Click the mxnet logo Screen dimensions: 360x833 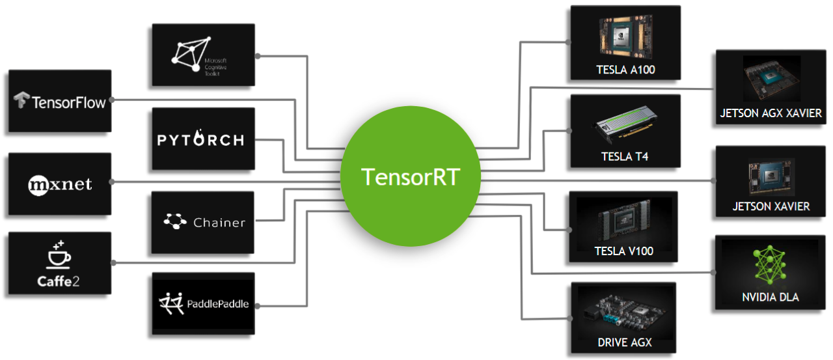tap(60, 184)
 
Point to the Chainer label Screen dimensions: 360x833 tap(219, 223)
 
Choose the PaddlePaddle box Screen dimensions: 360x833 tap(202, 304)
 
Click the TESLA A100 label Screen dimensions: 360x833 tap(625, 70)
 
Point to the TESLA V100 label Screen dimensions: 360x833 tap(623, 251)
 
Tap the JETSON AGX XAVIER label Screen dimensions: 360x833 tap(771, 113)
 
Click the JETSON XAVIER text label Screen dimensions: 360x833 tap(771, 206)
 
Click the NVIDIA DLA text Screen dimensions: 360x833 tap(771, 298)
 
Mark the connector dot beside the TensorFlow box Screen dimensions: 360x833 tap(113, 100)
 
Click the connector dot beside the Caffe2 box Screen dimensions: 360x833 tap(113, 262)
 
